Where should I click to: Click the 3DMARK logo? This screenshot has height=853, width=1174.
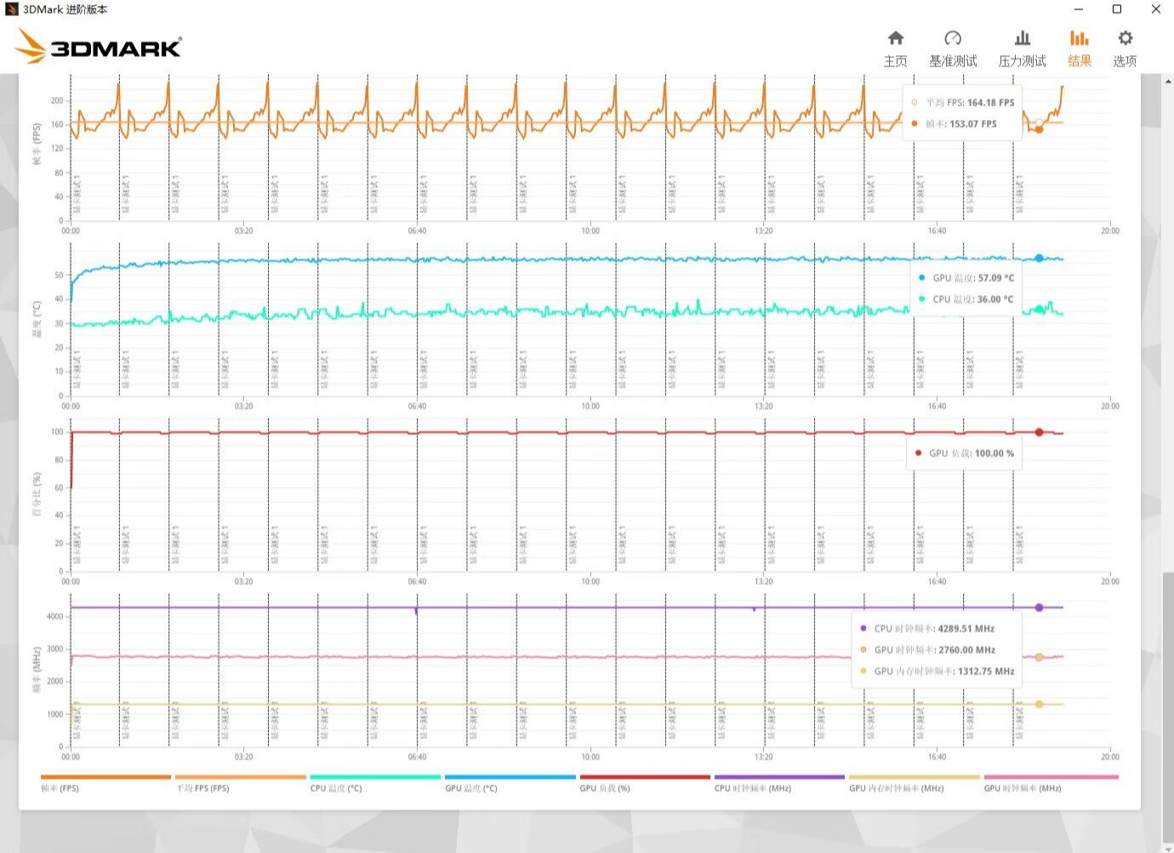[x=100, y=47]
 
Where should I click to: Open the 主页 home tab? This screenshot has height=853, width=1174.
[x=895, y=48]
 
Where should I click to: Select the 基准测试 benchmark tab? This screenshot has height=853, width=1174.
[x=953, y=48]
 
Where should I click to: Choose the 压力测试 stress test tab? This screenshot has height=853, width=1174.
[x=1022, y=48]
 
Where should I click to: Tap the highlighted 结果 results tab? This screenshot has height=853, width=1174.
[x=1080, y=48]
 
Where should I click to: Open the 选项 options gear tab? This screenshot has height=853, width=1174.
[x=1125, y=48]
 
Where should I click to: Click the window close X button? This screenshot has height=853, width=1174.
[x=1156, y=9]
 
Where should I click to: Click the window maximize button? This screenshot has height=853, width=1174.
[x=1117, y=9]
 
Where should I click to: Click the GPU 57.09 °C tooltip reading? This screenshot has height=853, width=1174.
[x=995, y=278]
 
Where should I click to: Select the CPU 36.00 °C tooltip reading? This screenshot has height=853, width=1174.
[x=995, y=299]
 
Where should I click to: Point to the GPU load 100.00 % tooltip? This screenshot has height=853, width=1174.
[x=971, y=453]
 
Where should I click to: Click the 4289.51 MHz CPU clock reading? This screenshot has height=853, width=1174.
[x=966, y=628]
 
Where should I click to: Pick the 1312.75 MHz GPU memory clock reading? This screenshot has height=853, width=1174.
[x=985, y=671]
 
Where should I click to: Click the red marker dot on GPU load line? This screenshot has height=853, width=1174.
[x=1039, y=432]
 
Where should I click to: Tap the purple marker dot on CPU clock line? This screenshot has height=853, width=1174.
[x=1039, y=607]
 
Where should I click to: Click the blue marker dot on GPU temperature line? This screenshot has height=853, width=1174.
[x=1039, y=258]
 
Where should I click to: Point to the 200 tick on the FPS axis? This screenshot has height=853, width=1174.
[x=57, y=100]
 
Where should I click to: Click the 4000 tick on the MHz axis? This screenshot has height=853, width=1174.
[x=54, y=617]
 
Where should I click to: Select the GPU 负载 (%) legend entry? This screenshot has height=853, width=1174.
[x=605, y=788]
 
